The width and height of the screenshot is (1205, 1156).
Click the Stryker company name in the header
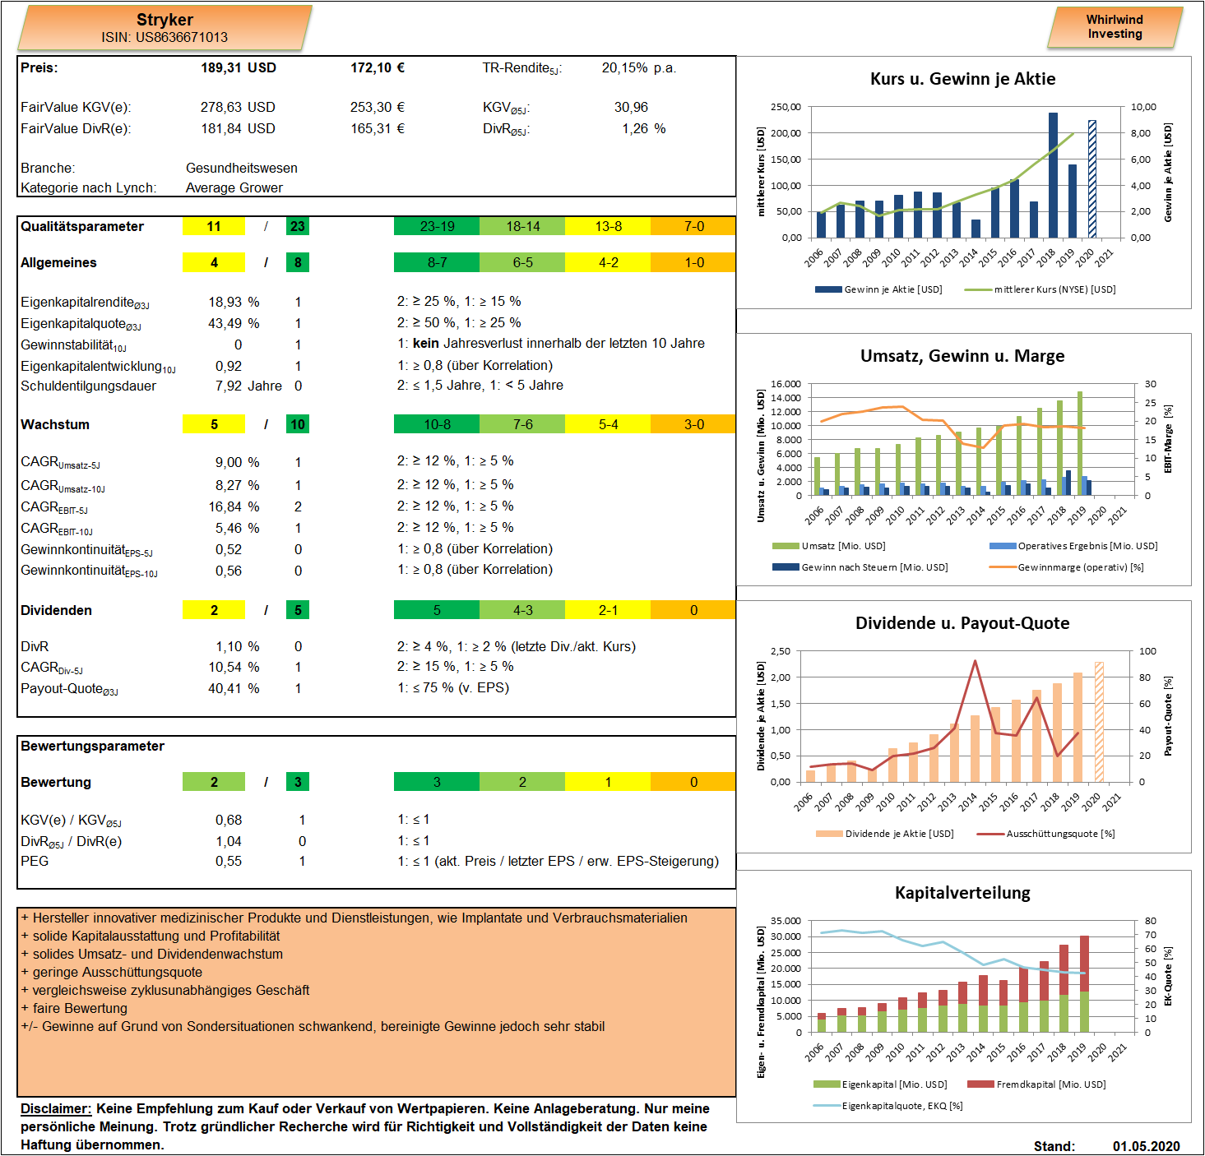(x=165, y=20)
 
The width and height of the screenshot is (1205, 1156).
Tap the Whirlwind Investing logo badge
(x=1115, y=27)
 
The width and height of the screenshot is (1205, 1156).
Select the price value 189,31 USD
(x=239, y=67)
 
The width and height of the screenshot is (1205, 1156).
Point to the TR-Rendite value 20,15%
(x=625, y=67)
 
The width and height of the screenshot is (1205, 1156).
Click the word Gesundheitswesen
(x=242, y=168)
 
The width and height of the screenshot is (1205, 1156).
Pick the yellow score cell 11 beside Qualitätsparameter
(x=214, y=226)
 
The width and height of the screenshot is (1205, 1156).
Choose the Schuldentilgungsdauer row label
(x=89, y=386)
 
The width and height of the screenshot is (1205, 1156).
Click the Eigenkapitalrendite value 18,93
(x=225, y=302)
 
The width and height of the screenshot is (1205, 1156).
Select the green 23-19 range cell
(x=437, y=226)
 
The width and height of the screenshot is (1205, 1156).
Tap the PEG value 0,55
(x=229, y=861)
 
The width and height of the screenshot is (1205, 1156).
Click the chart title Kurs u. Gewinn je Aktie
(x=963, y=79)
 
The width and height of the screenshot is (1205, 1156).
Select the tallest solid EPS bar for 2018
(x=1054, y=175)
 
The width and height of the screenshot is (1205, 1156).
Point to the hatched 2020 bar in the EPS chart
(x=1092, y=179)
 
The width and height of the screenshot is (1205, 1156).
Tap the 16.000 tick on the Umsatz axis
(x=786, y=384)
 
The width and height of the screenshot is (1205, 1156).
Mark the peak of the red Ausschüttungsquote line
(x=976, y=661)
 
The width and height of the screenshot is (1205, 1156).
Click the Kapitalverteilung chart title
(x=963, y=892)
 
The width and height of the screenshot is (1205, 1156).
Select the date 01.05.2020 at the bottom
(x=1146, y=1146)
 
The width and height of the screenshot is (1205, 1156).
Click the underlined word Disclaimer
(x=56, y=1108)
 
